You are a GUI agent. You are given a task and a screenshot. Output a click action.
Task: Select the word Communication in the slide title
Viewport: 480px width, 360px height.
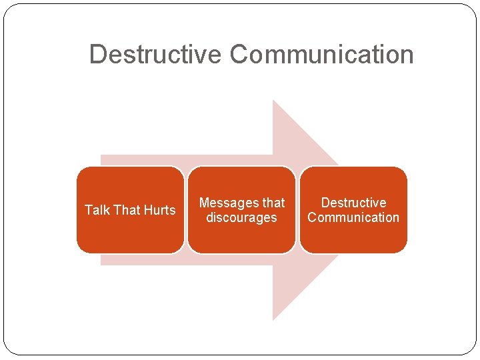(x=322, y=54)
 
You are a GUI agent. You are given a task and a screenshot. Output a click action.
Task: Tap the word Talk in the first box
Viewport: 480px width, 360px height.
(x=97, y=210)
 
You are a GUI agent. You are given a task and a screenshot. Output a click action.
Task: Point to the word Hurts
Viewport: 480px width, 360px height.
(x=160, y=210)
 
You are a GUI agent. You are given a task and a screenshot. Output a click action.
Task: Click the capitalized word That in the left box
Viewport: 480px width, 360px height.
(x=127, y=210)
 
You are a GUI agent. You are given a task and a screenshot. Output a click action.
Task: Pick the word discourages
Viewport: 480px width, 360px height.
(x=241, y=218)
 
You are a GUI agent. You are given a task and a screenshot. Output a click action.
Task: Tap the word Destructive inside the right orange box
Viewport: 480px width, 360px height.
(x=353, y=203)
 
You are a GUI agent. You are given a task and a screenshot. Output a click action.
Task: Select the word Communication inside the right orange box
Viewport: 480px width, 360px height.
(x=353, y=218)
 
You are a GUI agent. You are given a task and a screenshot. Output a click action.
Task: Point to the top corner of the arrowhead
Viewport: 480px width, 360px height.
(x=274, y=101)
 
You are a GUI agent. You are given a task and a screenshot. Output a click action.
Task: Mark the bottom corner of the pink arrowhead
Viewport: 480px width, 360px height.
(x=274, y=319)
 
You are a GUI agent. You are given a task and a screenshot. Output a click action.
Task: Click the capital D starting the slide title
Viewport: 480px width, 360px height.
(x=97, y=54)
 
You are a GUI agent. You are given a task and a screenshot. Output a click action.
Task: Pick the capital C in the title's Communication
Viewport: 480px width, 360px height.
(x=239, y=54)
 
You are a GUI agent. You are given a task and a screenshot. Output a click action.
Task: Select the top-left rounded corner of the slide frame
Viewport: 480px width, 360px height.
(x=8, y=9)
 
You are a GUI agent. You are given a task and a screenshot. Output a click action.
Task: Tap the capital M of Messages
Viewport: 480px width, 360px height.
(x=204, y=203)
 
